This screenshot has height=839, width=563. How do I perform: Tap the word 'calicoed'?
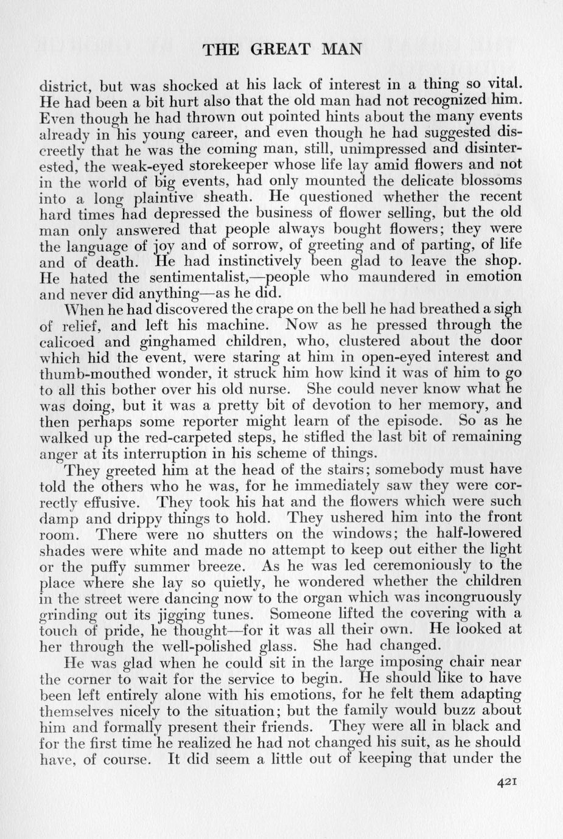pyautogui.click(x=63, y=341)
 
